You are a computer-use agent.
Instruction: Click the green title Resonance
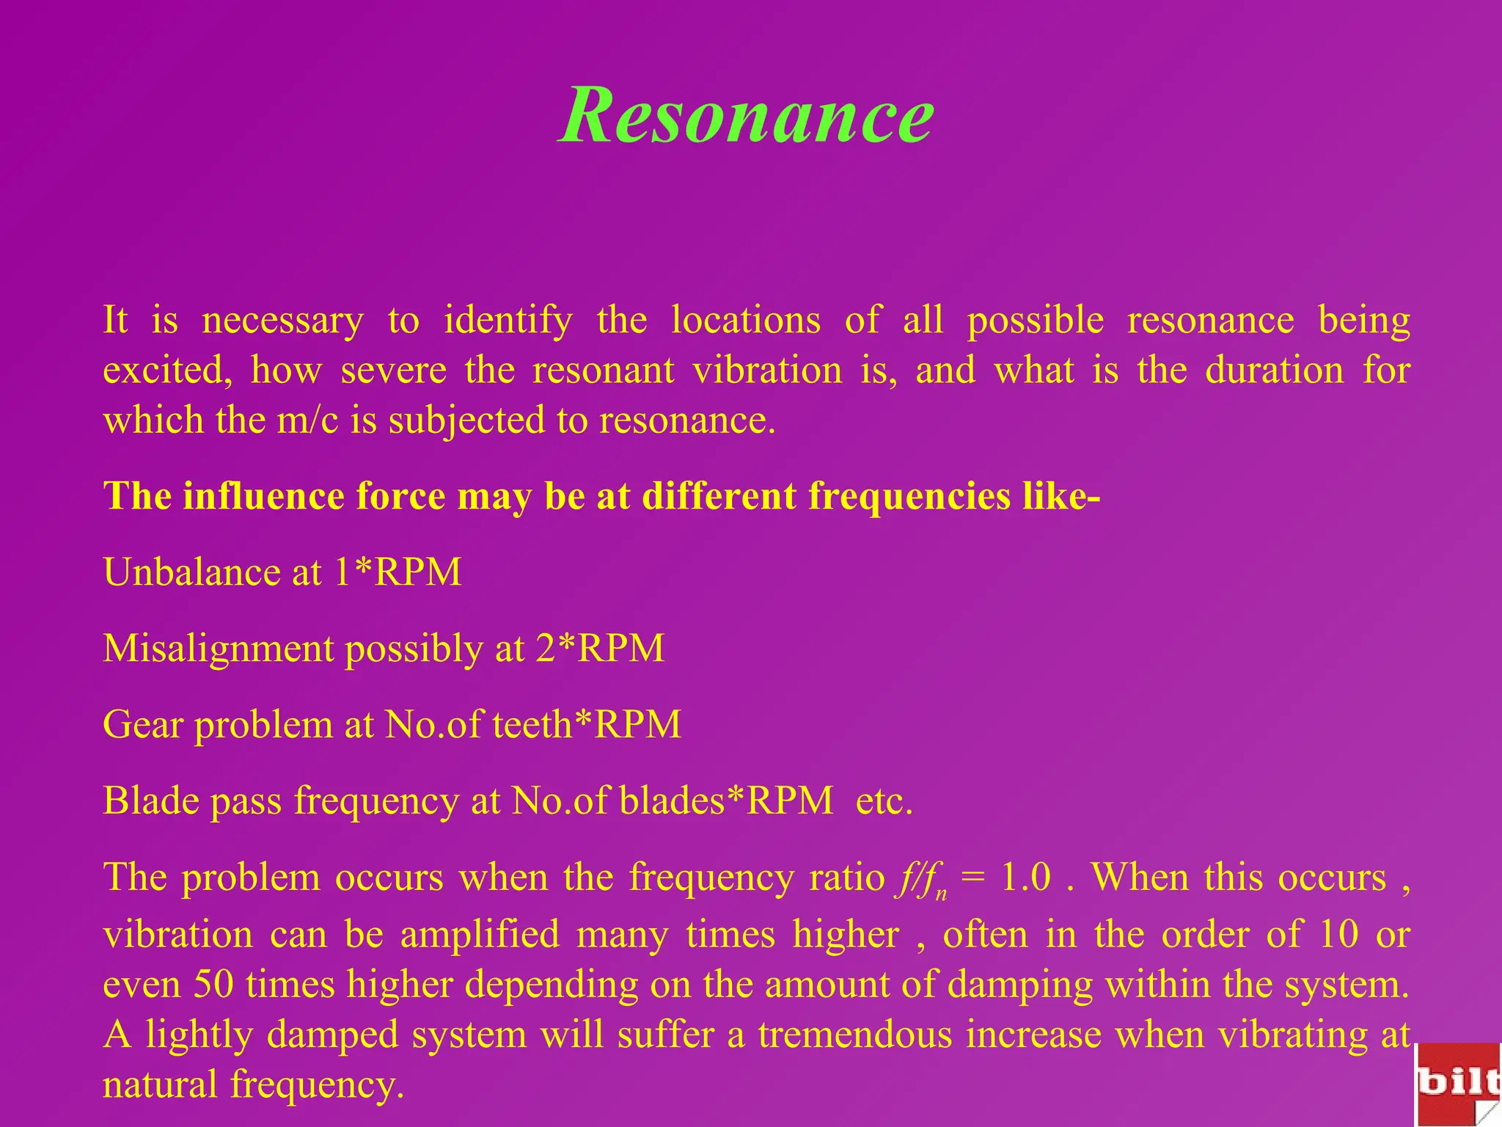(x=746, y=116)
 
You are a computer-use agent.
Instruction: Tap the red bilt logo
(x=1458, y=1084)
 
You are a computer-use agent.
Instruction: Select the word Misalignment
(x=218, y=649)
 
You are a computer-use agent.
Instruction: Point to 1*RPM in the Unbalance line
(x=398, y=572)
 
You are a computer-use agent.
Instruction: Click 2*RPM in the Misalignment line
(x=600, y=649)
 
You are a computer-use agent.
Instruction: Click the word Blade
(x=150, y=800)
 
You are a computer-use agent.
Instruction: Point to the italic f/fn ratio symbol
(x=920, y=880)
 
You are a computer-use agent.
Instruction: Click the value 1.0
(x=1026, y=878)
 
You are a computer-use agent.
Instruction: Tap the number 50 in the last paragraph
(x=213, y=985)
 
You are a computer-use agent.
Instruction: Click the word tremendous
(x=856, y=1035)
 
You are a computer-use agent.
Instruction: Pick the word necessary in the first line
(x=282, y=321)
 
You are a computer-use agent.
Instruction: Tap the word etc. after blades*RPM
(x=884, y=800)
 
